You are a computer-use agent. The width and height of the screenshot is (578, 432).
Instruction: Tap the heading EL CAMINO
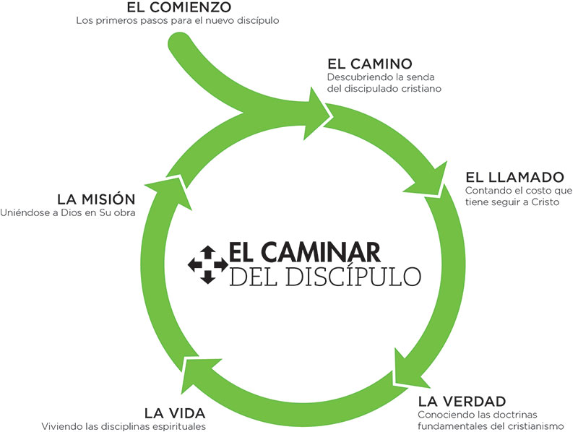370,62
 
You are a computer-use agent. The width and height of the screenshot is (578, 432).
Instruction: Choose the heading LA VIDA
175,413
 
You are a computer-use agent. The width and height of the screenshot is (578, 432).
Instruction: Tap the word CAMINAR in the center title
329,253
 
